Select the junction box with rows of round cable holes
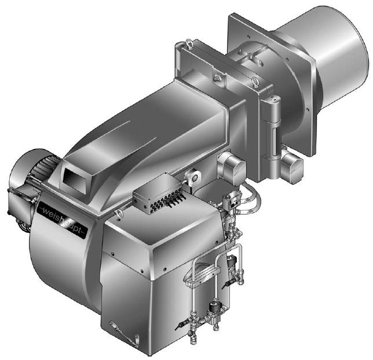point(159,192)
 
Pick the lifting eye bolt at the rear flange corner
point(189,43)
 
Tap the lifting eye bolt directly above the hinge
point(254,82)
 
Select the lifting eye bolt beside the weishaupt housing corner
point(118,213)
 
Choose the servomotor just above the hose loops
point(232,167)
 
